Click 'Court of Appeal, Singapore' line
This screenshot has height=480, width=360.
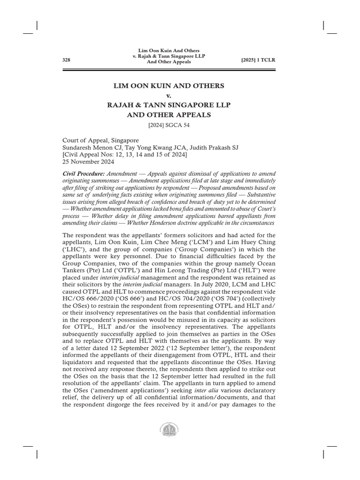coord(101,140)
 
